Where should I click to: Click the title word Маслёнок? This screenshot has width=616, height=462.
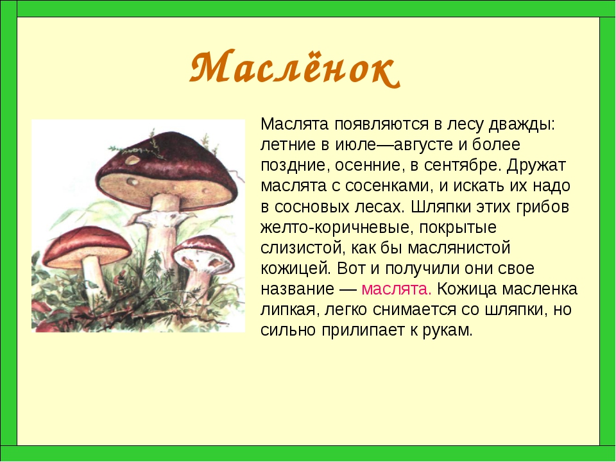click(x=295, y=69)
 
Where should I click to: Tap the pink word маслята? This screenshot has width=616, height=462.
click(x=397, y=289)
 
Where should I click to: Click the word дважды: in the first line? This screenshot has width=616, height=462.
click(x=522, y=125)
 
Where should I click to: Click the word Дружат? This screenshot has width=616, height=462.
click(x=536, y=166)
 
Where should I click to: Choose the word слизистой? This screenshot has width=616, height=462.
click(x=302, y=248)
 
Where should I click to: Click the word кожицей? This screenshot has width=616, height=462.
click(x=296, y=269)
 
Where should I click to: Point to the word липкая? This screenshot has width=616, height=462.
click(x=289, y=309)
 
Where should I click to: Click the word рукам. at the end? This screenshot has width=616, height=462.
click(x=447, y=330)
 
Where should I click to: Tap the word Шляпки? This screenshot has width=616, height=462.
click(x=441, y=207)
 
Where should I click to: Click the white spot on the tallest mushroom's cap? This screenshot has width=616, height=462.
click(x=132, y=160)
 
